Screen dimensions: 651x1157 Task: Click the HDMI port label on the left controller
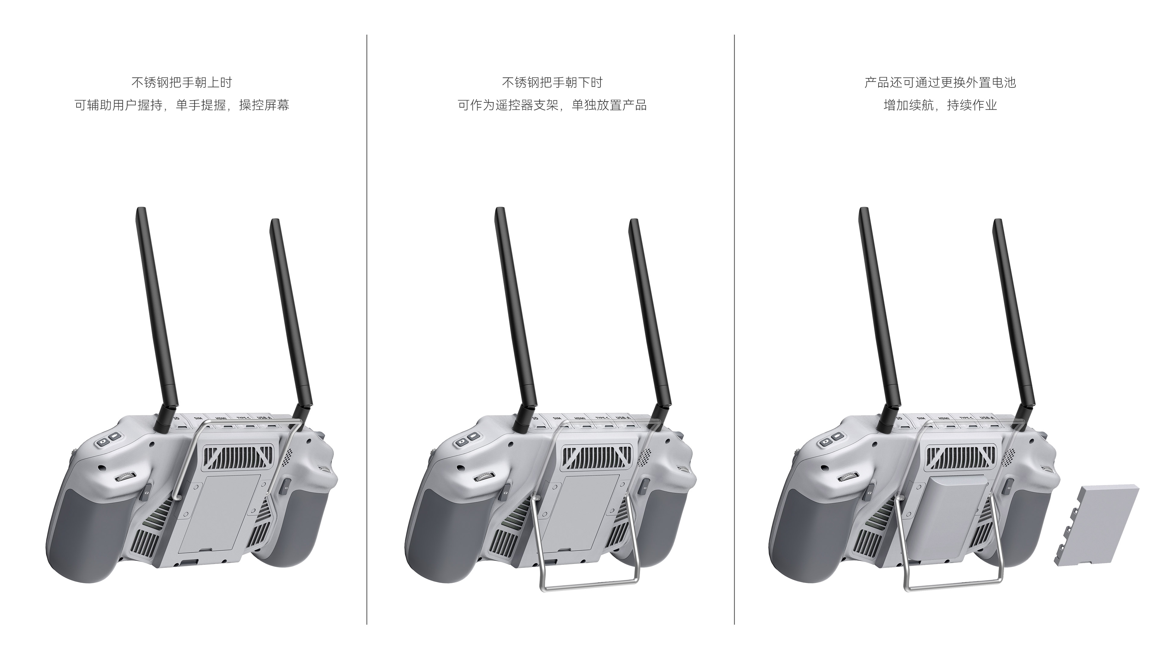pyautogui.click(x=221, y=419)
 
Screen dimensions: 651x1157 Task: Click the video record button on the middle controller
pyautogui.click(x=472, y=437)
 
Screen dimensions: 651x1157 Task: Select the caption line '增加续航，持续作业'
pyautogui.click(x=940, y=105)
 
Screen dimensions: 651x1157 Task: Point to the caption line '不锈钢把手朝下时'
pyautogui.click(x=552, y=83)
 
